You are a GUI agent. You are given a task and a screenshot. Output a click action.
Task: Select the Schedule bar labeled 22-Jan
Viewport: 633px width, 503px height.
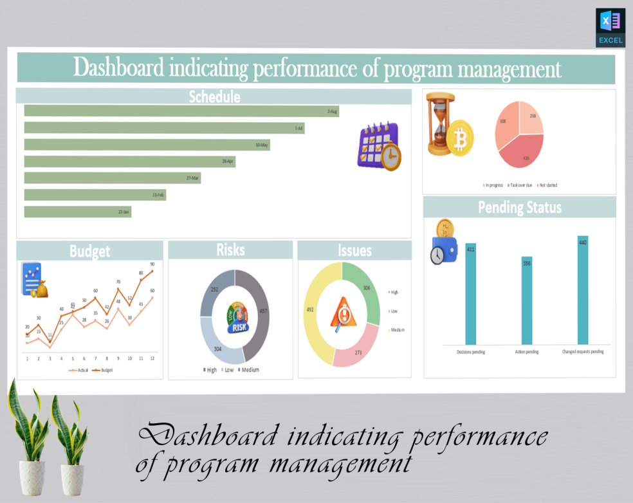(78, 212)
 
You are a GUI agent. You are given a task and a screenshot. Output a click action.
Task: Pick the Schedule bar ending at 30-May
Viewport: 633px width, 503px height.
(147, 145)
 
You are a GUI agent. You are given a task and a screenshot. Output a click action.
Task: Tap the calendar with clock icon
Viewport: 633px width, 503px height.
(379, 147)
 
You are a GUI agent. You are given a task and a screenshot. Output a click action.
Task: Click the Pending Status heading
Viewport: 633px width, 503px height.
(519, 208)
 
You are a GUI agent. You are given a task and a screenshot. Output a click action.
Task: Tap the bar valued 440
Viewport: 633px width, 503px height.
(583, 289)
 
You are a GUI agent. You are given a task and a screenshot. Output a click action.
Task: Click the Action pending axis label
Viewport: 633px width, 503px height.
(527, 352)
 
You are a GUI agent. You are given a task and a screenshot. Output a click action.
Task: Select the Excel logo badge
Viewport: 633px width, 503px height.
(610, 28)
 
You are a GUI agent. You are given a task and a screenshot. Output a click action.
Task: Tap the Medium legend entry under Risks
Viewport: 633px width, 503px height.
(248, 370)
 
